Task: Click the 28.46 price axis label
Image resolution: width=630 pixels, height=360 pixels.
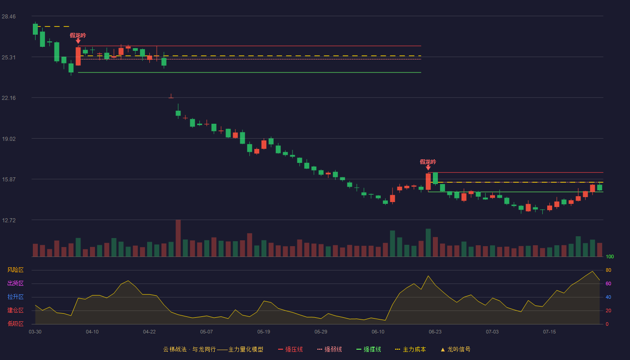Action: click(9, 17)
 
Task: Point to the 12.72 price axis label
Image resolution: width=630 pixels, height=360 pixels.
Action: click(9, 220)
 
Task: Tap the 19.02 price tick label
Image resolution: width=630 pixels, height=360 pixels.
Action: click(9, 139)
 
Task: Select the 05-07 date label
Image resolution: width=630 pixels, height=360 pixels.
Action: click(207, 332)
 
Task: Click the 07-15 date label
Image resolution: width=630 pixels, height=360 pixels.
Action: click(549, 332)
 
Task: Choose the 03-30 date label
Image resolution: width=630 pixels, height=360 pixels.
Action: click(35, 332)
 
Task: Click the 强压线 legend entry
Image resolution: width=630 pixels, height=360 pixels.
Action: click(290, 349)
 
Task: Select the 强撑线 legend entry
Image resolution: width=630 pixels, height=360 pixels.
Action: click(369, 349)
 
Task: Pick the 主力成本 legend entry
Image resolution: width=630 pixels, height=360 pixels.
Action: click(410, 349)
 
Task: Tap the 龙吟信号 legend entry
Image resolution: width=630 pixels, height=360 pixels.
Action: click(455, 349)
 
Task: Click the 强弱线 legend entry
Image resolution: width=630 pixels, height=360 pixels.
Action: click(329, 349)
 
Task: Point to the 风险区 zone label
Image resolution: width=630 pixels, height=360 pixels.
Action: click(15, 270)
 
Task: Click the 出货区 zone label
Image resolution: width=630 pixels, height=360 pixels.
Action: click(15, 283)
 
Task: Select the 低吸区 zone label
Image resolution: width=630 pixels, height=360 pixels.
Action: click(15, 324)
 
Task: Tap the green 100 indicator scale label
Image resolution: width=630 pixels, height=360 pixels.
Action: click(610, 256)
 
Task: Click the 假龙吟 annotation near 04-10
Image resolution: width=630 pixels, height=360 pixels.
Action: click(78, 36)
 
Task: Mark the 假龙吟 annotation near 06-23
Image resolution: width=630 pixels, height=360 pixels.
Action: click(428, 162)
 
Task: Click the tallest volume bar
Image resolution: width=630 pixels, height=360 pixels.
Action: click(178, 238)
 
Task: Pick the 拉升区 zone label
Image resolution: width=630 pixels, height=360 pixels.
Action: click(15, 297)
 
